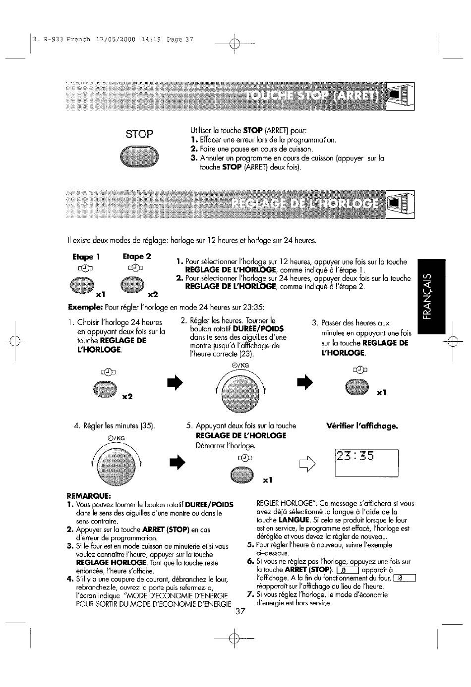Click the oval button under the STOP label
click(139, 157)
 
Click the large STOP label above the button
click(139, 134)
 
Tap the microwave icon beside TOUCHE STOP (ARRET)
click(400, 96)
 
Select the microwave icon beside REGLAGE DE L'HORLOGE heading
click(400, 204)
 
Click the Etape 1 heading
click(86, 257)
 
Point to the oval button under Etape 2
click(132, 284)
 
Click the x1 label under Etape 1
click(101, 294)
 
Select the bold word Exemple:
click(85, 307)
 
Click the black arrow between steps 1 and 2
click(175, 382)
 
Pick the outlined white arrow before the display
click(307, 464)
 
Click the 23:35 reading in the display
click(355, 456)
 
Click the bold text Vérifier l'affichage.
click(362, 426)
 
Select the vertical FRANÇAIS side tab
click(431, 297)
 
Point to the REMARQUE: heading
click(89, 496)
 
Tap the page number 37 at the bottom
click(240, 611)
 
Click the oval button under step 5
click(242, 475)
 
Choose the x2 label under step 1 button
click(127, 397)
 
